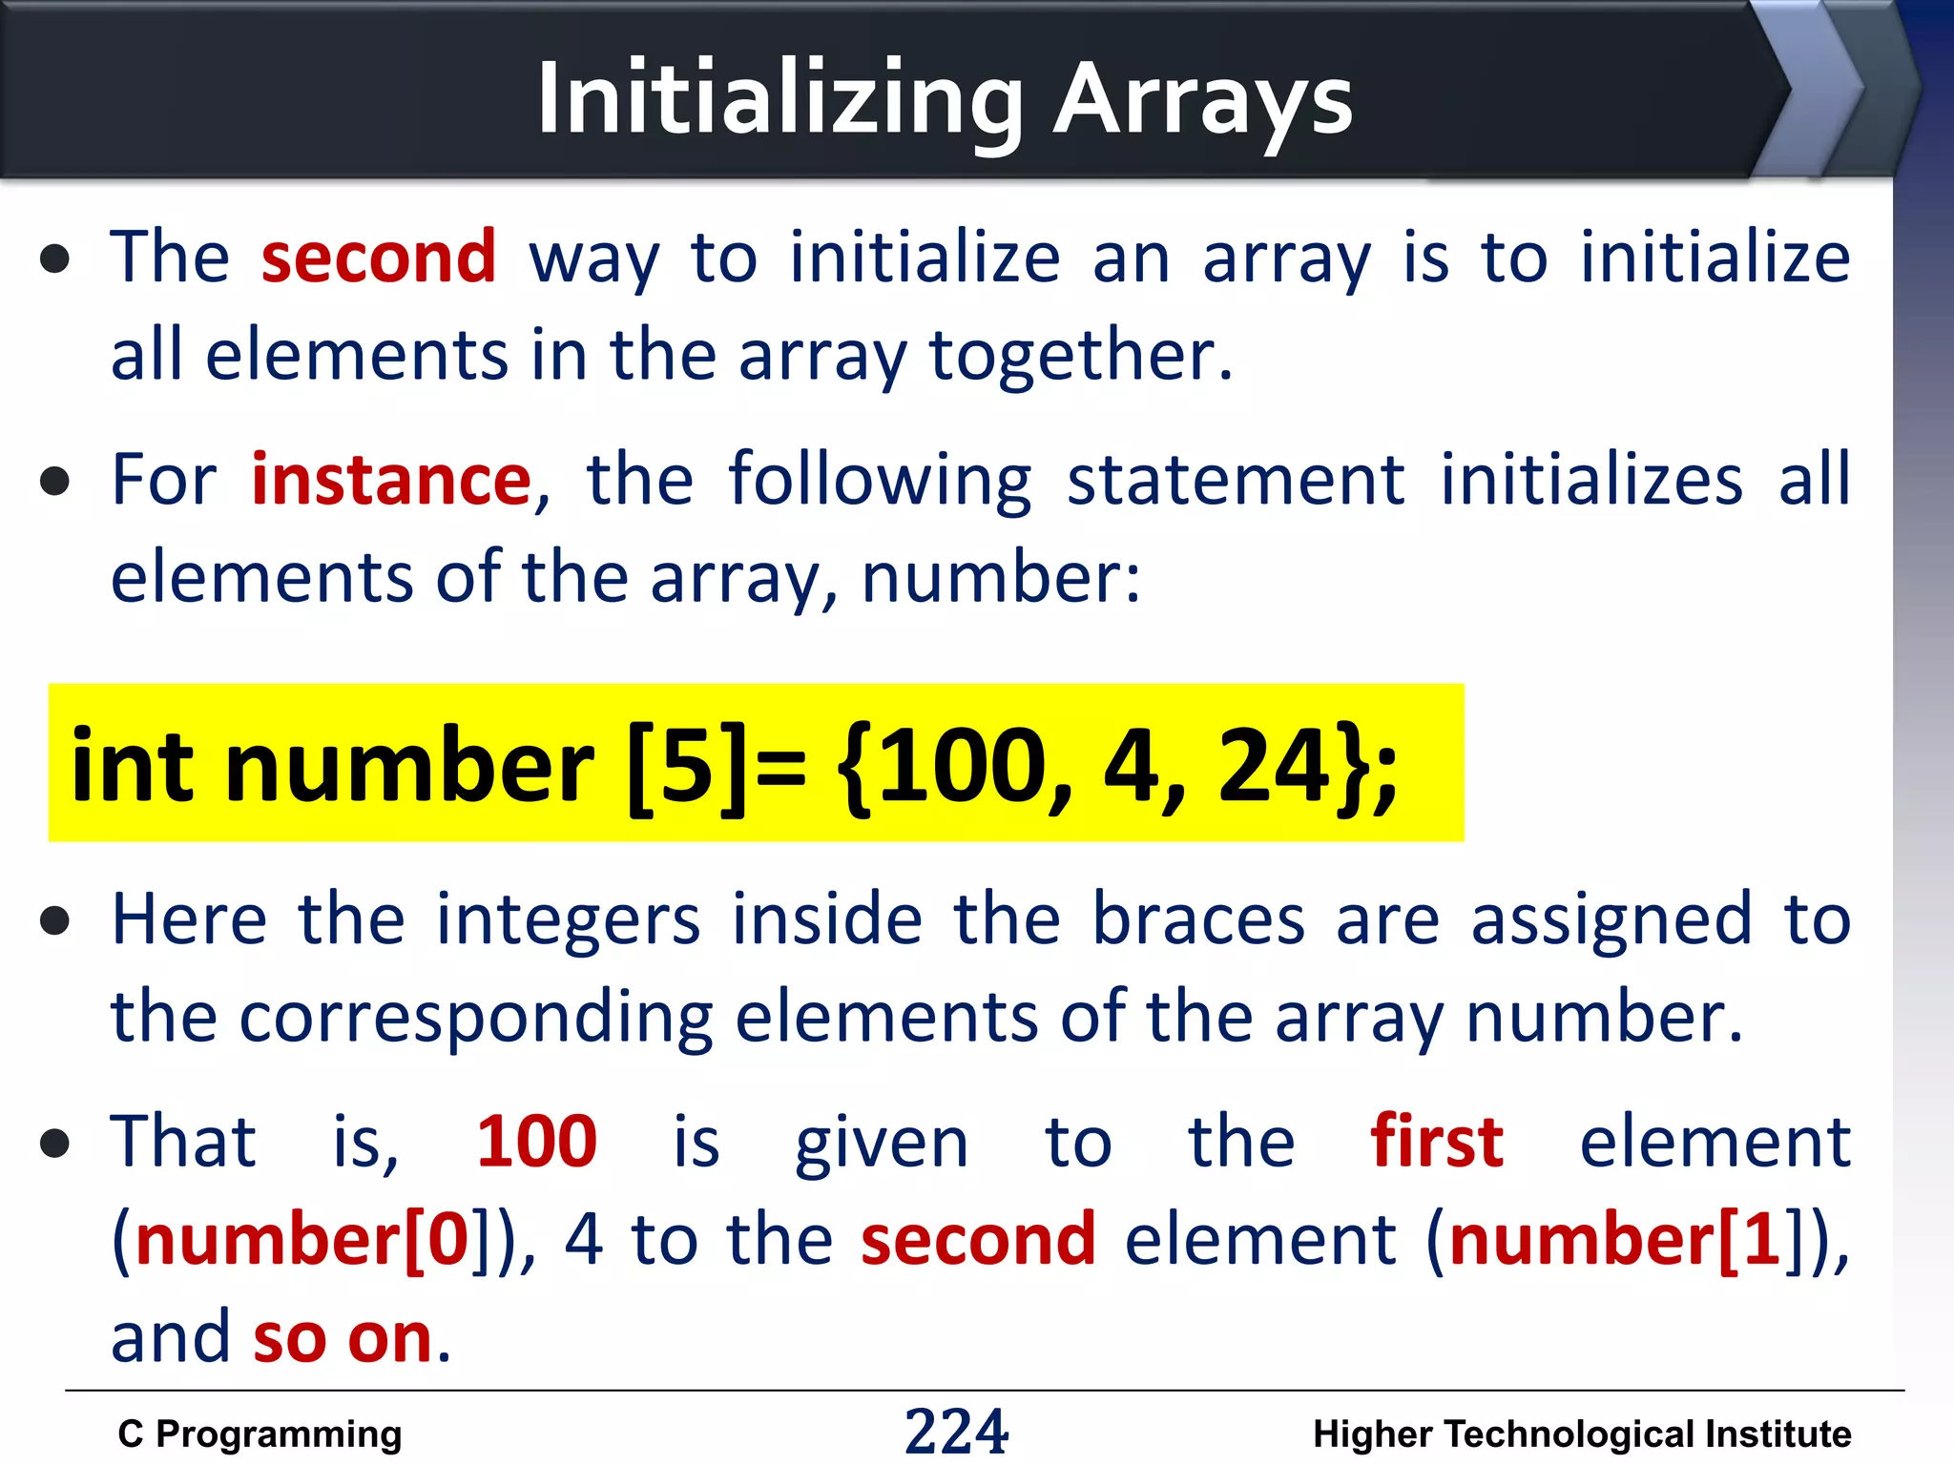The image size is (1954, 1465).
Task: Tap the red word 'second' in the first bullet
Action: pyautogui.click(x=379, y=258)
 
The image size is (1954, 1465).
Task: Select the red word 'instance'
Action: pyautogui.click(x=391, y=479)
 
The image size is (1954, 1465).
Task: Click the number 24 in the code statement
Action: pyautogui.click(x=1274, y=765)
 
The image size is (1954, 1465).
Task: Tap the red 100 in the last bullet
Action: pyautogui.click(x=536, y=1142)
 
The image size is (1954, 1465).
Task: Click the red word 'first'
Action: pyautogui.click(x=1437, y=1142)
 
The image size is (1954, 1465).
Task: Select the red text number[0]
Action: pyautogui.click(x=303, y=1240)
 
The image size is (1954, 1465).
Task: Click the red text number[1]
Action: pyautogui.click(x=1615, y=1240)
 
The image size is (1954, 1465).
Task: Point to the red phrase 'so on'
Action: pyautogui.click(x=343, y=1337)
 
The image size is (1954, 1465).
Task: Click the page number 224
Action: pyautogui.click(x=956, y=1432)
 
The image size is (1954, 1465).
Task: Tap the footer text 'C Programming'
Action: pyautogui.click(x=260, y=1434)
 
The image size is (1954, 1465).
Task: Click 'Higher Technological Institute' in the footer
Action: pyautogui.click(x=1582, y=1434)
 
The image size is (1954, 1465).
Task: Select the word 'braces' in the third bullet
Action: pyautogui.click(x=1198, y=919)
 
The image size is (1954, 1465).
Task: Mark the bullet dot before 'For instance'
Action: pyautogui.click(x=55, y=481)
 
